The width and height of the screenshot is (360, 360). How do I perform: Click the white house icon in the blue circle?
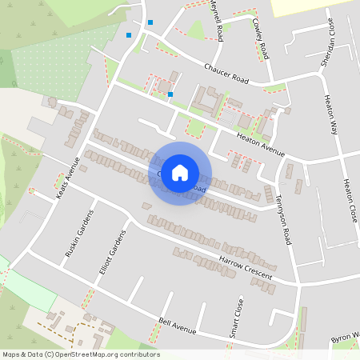(180, 173)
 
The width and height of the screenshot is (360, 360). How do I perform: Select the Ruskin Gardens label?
(78, 234)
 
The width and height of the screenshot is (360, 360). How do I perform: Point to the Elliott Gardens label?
(113, 253)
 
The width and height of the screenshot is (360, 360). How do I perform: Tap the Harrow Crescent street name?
(246, 268)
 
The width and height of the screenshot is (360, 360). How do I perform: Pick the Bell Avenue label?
(178, 326)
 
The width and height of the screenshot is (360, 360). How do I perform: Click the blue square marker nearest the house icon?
(170, 94)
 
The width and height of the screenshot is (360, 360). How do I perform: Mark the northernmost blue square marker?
(150, 22)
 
